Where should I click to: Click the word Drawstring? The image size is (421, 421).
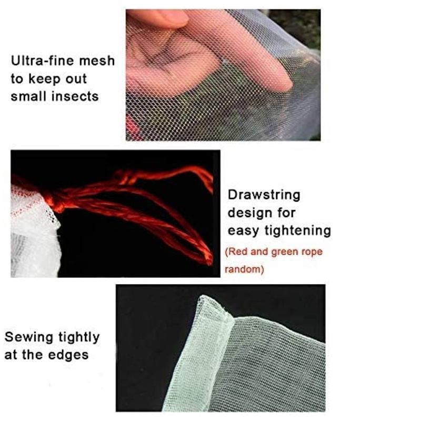[x=264, y=195]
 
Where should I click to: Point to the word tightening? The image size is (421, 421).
[x=298, y=231]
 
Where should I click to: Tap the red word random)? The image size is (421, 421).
[x=244, y=269]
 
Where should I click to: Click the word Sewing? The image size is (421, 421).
[x=29, y=337]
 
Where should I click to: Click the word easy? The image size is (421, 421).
[x=244, y=232]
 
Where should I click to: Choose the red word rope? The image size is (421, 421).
[x=312, y=252]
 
